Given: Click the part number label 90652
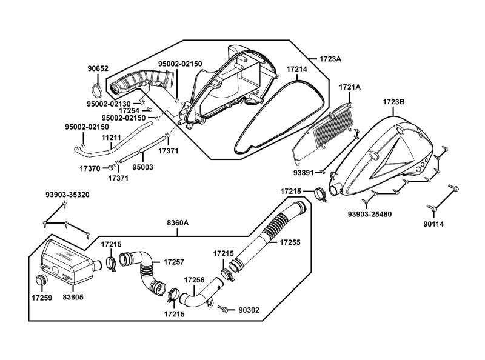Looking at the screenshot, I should click(98, 68).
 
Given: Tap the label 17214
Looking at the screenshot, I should click(296, 70).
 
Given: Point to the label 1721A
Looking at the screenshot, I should click(349, 87).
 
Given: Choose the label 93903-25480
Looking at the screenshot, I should click(369, 214).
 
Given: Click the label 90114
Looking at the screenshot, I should click(433, 224).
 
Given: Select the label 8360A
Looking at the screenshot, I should click(178, 223).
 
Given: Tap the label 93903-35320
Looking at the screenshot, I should click(67, 195).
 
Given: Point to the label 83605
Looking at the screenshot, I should click(73, 298).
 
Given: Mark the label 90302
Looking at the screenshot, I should click(249, 310).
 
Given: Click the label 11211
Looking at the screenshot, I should click(111, 138).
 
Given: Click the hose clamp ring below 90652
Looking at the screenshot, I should click(97, 90).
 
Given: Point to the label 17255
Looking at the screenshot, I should click(291, 242).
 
